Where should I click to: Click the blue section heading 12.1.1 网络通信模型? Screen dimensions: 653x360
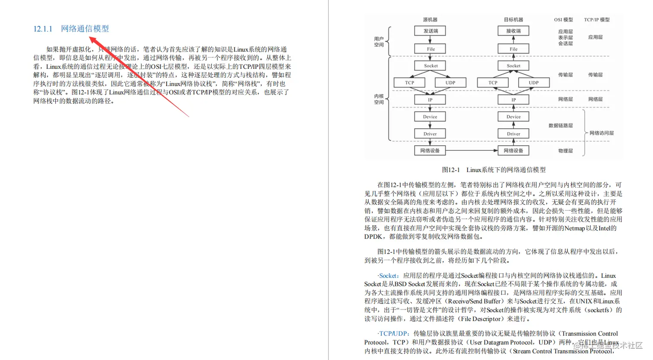tap(71, 29)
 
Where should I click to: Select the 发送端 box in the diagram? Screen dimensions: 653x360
tap(430, 31)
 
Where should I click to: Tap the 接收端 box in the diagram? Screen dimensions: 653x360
tap(513, 31)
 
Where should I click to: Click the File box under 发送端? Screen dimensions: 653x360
tap(430, 49)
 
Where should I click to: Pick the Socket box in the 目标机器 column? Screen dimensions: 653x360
tap(513, 66)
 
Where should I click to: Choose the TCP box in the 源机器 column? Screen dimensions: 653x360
tap(409, 83)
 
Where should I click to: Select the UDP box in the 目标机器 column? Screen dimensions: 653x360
tap(533, 83)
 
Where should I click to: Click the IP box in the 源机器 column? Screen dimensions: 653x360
tap(430, 100)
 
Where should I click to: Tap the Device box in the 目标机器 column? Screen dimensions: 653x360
tap(513, 117)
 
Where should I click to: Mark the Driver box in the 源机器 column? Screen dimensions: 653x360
tap(430, 134)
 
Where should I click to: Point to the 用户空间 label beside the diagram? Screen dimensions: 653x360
tap(379, 42)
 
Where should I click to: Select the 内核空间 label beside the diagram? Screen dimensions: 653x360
tap(379, 99)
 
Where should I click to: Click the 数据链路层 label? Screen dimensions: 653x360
tap(561, 126)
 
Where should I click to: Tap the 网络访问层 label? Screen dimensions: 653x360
tap(601, 133)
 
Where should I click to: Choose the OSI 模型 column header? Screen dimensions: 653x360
tap(563, 20)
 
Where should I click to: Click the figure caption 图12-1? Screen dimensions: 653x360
tap(494, 170)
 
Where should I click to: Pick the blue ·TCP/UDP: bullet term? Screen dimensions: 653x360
tap(393, 334)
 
